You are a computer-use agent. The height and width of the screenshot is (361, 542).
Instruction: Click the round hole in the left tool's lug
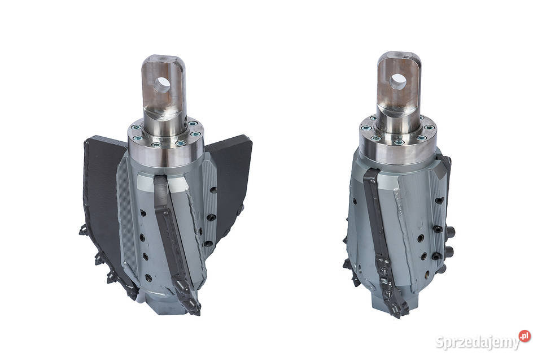click(x=162, y=85)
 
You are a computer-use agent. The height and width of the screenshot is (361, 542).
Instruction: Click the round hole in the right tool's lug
click(x=398, y=82)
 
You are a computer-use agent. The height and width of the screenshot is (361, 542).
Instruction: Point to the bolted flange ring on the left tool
click(x=165, y=135)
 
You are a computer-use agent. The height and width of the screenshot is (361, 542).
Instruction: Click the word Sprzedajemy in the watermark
click(x=478, y=342)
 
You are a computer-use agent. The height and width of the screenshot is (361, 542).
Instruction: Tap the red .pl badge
click(x=524, y=336)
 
